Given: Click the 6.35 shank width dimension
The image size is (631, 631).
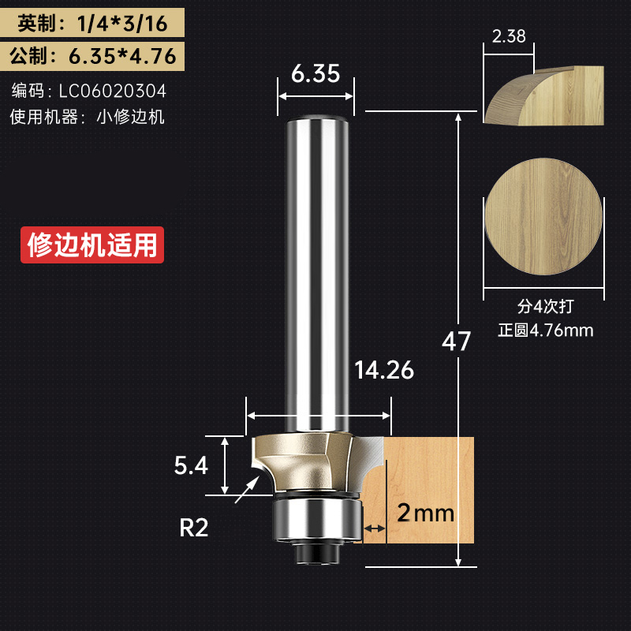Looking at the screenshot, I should click(x=315, y=74).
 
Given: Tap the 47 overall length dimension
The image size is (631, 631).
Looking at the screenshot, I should click(x=456, y=342).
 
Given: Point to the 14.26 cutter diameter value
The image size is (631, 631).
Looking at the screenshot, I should click(x=384, y=370).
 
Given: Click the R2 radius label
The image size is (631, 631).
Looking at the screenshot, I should click(x=194, y=528).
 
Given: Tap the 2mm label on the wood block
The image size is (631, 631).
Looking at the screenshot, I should click(x=426, y=514).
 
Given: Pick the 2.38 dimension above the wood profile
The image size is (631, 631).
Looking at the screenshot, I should click(x=508, y=36).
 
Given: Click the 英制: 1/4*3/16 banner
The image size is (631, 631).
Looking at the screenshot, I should click(x=92, y=23).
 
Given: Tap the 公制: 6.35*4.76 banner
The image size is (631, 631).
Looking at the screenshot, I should click(x=92, y=58).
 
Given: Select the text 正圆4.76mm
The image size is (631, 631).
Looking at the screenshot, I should click(x=545, y=330).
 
